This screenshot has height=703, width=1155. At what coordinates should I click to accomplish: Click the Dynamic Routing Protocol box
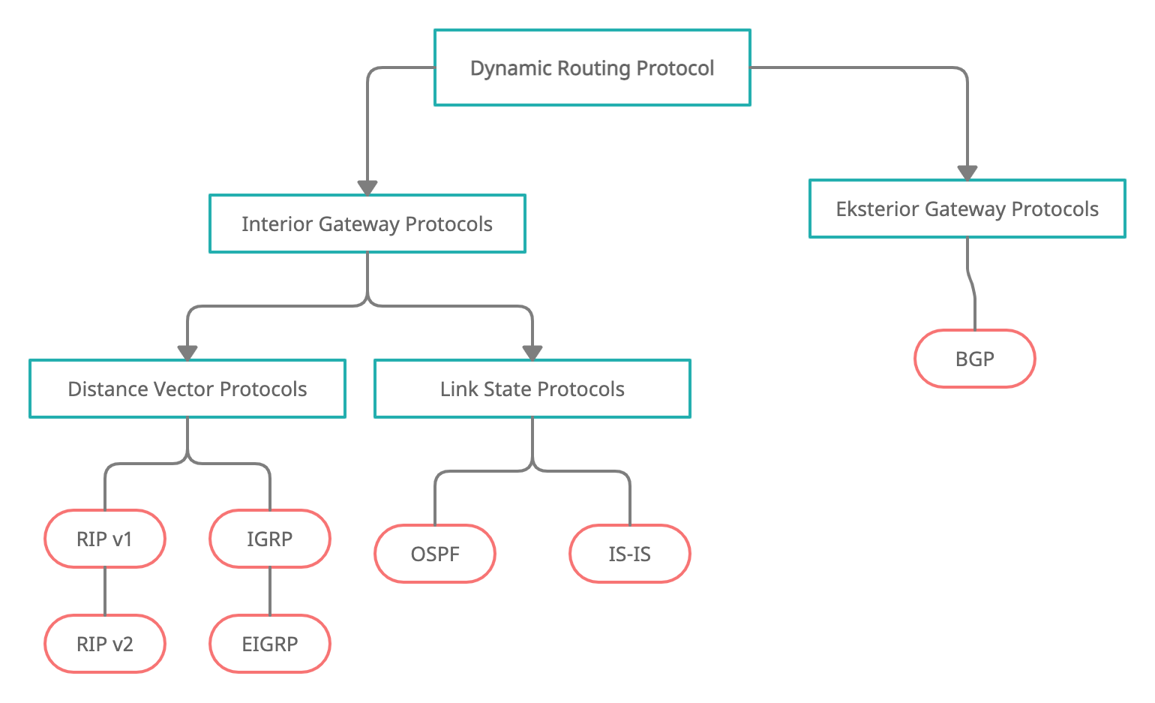(592, 68)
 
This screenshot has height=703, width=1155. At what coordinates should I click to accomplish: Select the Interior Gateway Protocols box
(367, 224)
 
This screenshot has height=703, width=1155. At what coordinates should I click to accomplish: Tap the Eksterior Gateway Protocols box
(967, 209)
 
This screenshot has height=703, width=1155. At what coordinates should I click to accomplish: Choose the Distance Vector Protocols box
(187, 389)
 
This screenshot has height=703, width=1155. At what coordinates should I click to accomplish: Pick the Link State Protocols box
(532, 389)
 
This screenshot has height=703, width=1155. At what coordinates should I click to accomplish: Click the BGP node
(974, 359)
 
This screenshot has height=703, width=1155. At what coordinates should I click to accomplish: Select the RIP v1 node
(105, 539)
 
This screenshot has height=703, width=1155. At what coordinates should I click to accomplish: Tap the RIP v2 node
(105, 644)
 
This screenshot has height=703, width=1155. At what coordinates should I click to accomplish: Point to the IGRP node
(270, 539)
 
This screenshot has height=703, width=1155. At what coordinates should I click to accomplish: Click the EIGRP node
(270, 644)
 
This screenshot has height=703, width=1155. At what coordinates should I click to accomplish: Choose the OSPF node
(435, 554)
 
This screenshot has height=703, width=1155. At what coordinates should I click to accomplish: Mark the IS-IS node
(629, 554)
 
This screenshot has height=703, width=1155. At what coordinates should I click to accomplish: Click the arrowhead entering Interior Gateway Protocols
(367, 188)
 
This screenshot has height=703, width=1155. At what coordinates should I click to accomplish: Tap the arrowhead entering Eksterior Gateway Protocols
(967, 173)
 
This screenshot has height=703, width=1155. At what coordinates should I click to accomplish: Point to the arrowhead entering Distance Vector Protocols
(187, 353)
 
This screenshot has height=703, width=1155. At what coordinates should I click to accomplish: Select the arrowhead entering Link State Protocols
(532, 353)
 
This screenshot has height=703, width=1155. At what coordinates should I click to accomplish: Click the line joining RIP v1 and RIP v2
(105, 591)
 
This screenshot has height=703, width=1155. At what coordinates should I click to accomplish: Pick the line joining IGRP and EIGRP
(270, 591)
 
